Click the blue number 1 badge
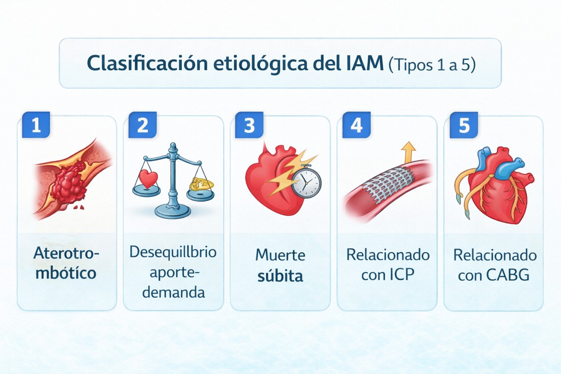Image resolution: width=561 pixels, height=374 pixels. point(36,125)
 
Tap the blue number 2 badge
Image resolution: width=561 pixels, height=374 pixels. point(142,125)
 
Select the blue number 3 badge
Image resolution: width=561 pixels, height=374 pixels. point(249,125)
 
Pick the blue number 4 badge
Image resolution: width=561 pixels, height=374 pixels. point(356,125)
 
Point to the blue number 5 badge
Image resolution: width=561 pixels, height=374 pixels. point(464,125)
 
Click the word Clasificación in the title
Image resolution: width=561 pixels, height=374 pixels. point(147,63)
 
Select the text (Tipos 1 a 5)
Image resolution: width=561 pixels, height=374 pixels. point(432,65)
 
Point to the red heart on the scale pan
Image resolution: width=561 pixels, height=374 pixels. point(148,178)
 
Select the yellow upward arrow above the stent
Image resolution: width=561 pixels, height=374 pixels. point(409,152)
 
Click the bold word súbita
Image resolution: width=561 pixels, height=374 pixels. point(280,276)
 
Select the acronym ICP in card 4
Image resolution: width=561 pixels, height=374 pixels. point(402,274)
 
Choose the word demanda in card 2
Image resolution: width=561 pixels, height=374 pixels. point(174,292)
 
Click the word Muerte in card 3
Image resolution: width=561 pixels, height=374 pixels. point(280,255)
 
